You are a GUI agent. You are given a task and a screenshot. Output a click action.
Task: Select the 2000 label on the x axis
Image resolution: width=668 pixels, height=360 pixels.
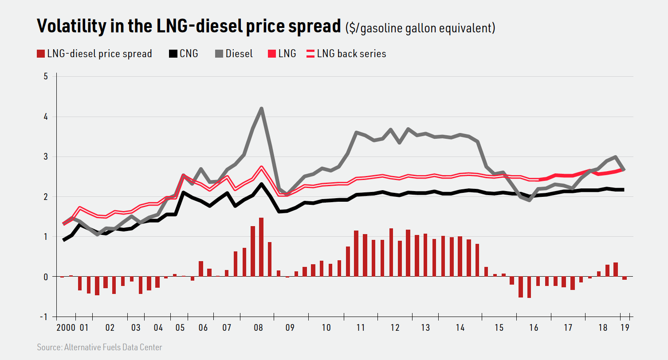[66, 328]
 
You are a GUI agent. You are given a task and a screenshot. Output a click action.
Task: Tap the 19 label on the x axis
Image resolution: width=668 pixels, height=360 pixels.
[625, 328]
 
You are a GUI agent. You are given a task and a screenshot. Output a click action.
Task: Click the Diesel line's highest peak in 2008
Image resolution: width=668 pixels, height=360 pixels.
[262, 108]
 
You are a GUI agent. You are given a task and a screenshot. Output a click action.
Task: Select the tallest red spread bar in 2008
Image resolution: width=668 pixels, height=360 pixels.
[261, 247]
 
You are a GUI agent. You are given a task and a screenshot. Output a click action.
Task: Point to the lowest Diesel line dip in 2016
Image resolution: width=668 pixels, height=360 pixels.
[529, 200]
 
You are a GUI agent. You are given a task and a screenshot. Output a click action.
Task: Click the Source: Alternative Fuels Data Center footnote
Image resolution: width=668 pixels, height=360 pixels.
[99, 347]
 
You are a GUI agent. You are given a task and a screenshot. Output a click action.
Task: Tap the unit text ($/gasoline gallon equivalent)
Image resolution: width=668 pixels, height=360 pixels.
[420, 28]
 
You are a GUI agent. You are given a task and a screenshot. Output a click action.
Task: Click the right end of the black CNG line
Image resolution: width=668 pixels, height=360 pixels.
[624, 190]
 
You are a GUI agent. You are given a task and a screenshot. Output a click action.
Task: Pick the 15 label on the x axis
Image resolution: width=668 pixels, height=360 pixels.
[499, 328]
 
